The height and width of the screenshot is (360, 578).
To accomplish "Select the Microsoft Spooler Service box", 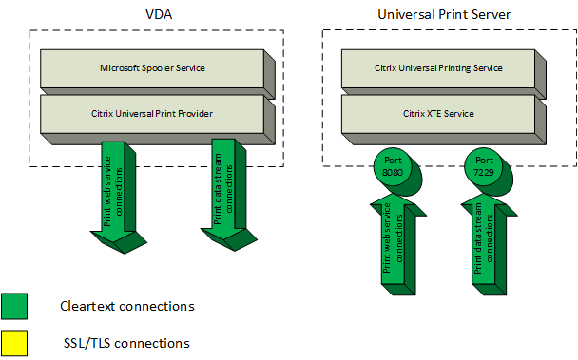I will click(152, 69).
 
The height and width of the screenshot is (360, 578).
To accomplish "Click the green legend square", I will click(14, 306).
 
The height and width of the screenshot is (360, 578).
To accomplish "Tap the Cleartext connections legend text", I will click(126, 306).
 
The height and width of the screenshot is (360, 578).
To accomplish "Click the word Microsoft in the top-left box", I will click(121, 69).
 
